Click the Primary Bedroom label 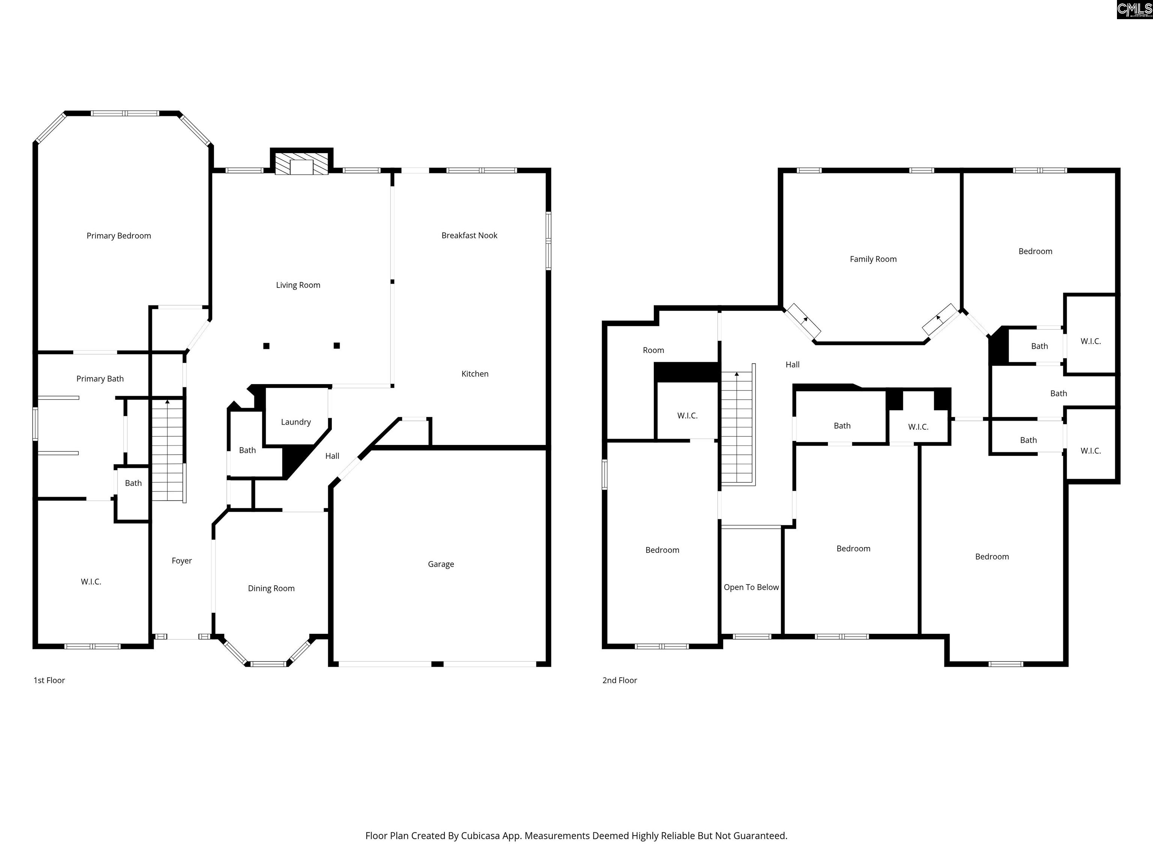coord(119,236)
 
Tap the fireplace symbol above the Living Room coord(301,164)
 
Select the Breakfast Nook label coord(469,236)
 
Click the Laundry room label coord(295,422)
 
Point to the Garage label coord(441,564)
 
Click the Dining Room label coord(271,588)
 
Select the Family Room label coord(873,259)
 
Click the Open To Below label coord(751,587)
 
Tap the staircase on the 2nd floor coord(737,428)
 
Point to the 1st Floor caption coord(50,680)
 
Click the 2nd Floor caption coord(620,680)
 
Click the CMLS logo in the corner coord(1134,9)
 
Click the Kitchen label coord(475,374)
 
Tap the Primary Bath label coord(100,378)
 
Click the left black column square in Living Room coord(266,346)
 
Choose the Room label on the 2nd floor coord(653,350)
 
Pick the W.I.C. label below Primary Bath coord(91,581)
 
